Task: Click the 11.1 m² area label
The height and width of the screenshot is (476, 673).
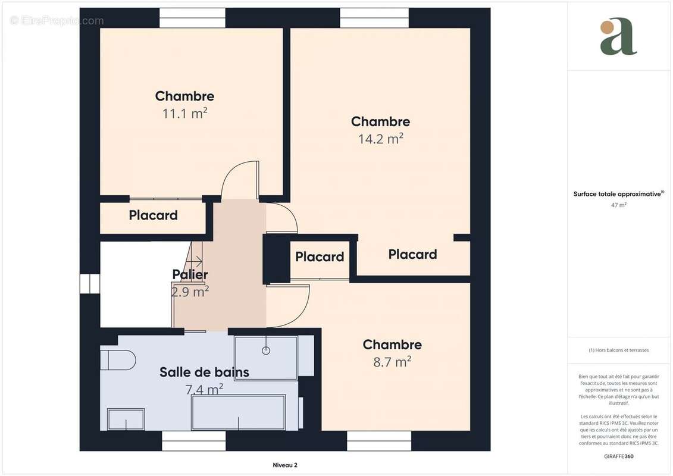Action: click(x=184, y=113)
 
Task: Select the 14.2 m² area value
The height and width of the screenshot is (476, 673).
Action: click(x=380, y=139)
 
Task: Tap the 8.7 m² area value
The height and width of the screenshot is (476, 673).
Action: click(x=392, y=361)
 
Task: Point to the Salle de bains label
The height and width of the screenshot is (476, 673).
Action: click(x=204, y=372)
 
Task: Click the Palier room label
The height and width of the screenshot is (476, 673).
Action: click(x=190, y=274)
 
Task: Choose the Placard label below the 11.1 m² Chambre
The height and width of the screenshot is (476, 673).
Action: click(x=153, y=215)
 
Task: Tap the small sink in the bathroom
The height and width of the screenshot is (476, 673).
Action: click(x=126, y=419)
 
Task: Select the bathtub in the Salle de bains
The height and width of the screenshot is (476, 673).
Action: click(x=238, y=412)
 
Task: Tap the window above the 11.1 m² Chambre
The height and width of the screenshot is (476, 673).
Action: click(x=192, y=18)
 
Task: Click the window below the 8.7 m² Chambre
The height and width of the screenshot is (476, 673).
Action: click(x=379, y=441)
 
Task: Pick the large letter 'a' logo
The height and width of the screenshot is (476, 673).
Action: click(x=618, y=37)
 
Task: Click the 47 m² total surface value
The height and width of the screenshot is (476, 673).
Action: click(x=618, y=205)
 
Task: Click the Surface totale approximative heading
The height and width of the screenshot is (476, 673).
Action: click(x=618, y=194)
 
